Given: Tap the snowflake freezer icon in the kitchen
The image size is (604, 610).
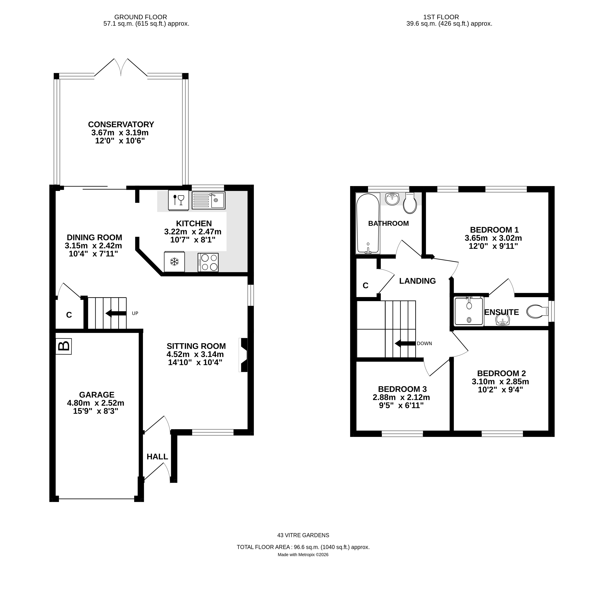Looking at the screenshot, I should coord(174,262).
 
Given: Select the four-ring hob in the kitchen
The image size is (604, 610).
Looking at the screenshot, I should coord(208,262).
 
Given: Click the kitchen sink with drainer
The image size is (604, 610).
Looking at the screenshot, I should coord(208,200).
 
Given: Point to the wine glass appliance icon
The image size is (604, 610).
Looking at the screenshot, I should coord(178,200).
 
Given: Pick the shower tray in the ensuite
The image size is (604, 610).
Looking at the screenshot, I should coord(469,311).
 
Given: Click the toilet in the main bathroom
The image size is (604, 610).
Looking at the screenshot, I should coord(410,204).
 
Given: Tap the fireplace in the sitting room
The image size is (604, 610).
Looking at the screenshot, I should coord(244,355).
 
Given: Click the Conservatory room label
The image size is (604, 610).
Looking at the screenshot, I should coord(121,124).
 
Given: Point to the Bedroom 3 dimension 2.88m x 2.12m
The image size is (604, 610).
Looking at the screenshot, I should coord(401,397).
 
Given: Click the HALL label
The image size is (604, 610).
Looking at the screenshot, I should coord(157,457).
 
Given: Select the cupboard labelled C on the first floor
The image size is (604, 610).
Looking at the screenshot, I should coord(366,285).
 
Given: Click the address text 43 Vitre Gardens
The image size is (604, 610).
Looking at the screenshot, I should coord(303,535).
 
